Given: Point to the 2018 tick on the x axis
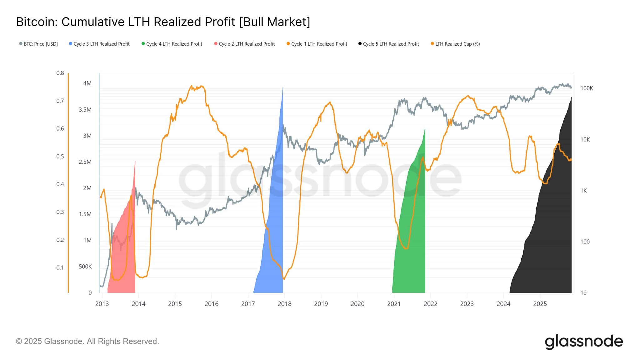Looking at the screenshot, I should pyautogui.click(x=284, y=304).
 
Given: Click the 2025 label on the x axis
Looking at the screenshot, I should pyautogui.click(x=540, y=304).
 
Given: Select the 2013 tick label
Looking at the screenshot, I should pyautogui.click(x=102, y=304).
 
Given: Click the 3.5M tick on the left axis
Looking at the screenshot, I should pyautogui.click(x=85, y=110).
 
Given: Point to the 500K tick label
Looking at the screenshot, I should pyautogui.click(x=85, y=267).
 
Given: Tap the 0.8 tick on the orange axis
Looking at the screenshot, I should pyautogui.click(x=60, y=73).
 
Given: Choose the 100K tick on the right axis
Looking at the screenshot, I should pyautogui.click(x=587, y=88).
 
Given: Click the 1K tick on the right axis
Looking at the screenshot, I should pyautogui.click(x=583, y=191).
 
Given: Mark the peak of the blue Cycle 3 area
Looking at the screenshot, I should pyautogui.click(x=283, y=88).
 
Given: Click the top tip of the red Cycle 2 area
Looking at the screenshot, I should pyautogui.click(x=135, y=162).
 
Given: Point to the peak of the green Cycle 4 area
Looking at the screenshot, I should pyautogui.click(x=425, y=130).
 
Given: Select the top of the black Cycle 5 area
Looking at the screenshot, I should pyautogui.click(x=571, y=98).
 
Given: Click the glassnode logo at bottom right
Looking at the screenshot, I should pyautogui.click(x=583, y=341).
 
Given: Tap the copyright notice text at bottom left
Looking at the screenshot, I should pyautogui.click(x=87, y=341).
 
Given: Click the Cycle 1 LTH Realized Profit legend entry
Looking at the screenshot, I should pyautogui.click(x=319, y=44).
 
